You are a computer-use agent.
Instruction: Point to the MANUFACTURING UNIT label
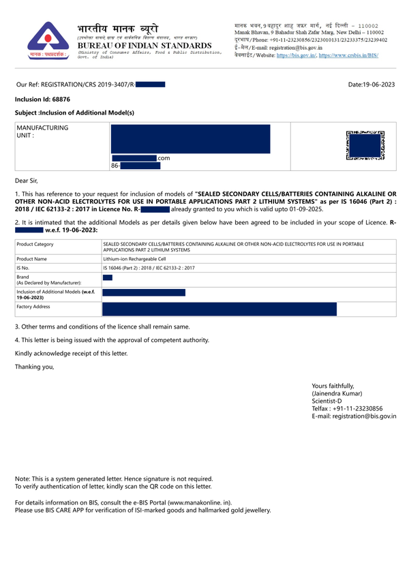[42, 131]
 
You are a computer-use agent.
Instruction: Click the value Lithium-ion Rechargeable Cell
[142, 259]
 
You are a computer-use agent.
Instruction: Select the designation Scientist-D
[331, 401]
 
